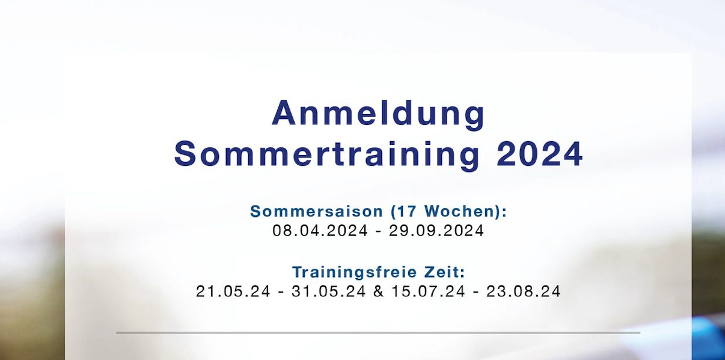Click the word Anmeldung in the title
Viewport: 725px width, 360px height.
click(378, 114)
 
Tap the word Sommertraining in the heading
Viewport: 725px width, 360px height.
click(327, 154)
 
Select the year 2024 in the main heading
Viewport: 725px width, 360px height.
click(540, 154)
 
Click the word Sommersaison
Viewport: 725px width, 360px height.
click(316, 212)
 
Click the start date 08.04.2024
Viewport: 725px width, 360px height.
click(320, 231)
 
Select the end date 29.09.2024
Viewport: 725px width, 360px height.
click(436, 231)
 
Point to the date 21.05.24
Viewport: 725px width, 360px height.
click(233, 291)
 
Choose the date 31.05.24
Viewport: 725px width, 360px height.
click(329, 291)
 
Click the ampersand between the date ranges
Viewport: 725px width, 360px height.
click(378, 291)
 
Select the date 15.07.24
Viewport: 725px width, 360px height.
click(428, 291)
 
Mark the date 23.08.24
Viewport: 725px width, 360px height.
click(524, 291)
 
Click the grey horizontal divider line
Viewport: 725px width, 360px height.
click(378, 332)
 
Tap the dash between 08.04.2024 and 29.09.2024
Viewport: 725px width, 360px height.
click(378, 231)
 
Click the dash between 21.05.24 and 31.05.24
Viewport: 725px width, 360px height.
click(281, 292)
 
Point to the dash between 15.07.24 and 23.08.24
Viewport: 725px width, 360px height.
click(476, 292)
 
